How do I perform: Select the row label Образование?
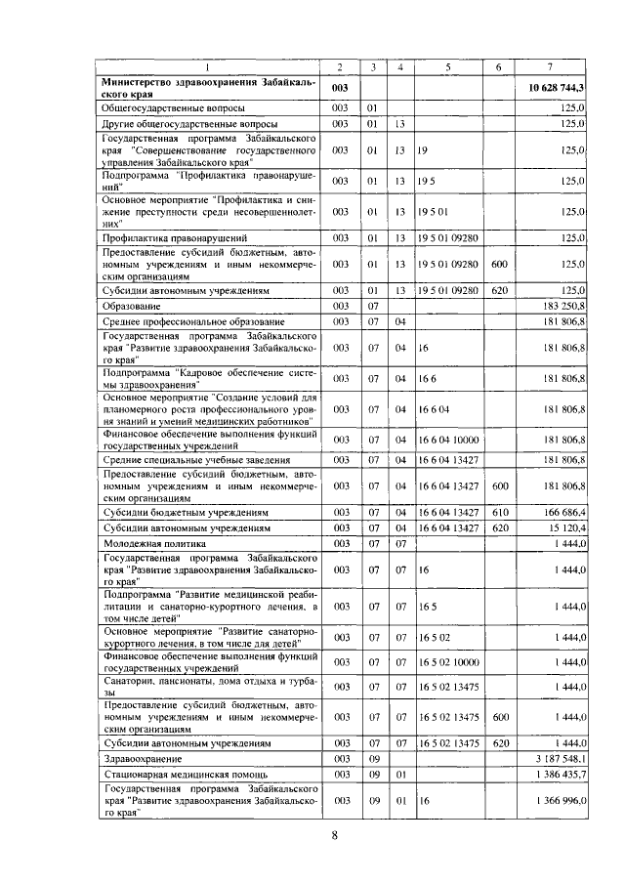pos(133,307)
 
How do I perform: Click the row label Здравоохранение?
pos(143,758)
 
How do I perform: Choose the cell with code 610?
pos(498,512)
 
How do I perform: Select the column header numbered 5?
pos(447,66)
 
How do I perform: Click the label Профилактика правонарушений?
pos(170,237)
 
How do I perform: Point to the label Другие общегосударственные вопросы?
pos(188,125)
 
